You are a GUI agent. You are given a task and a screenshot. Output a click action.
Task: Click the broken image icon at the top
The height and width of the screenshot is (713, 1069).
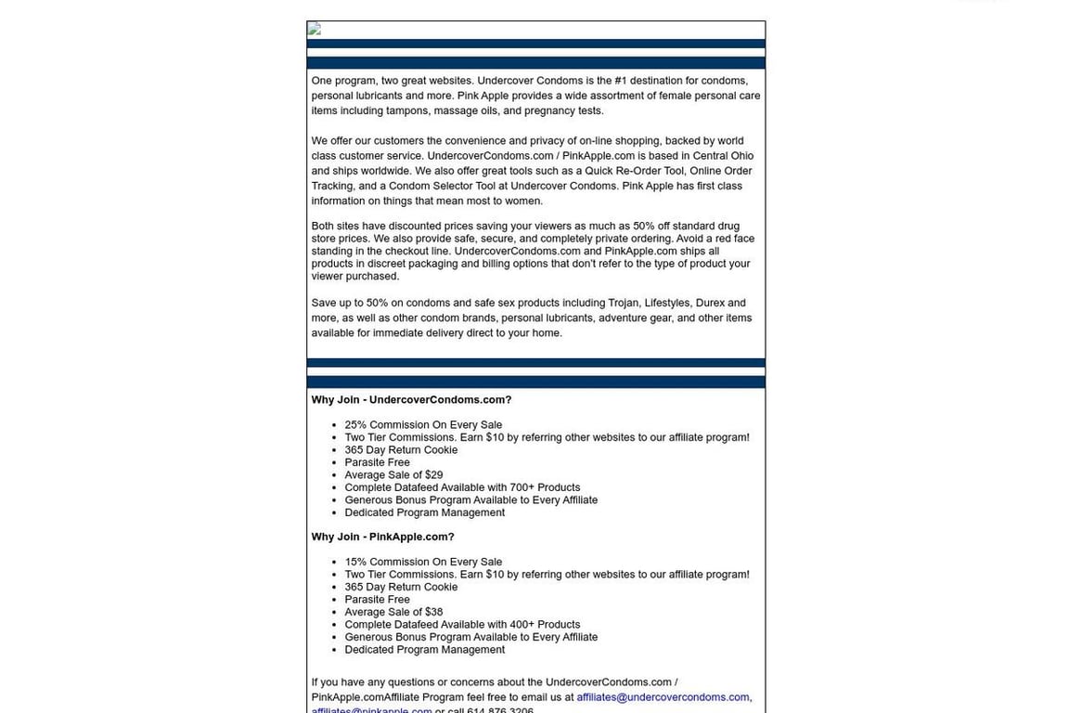(x=315, y=30)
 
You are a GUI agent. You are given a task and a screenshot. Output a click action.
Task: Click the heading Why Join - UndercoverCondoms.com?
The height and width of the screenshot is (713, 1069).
(x=411, y=400)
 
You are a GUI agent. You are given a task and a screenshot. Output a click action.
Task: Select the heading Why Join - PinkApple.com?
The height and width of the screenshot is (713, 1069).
(x=382, y=537)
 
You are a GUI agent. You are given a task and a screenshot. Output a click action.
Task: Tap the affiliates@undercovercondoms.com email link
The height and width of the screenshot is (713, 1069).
(x=663, y=697)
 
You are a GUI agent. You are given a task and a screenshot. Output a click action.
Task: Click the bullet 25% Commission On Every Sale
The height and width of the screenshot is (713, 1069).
(x=423, y=425)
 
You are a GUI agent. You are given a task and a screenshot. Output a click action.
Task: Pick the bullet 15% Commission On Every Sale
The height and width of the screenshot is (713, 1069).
(x=423, y=562)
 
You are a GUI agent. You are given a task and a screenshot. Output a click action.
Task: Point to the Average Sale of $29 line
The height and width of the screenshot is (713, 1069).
(x=393, y=475)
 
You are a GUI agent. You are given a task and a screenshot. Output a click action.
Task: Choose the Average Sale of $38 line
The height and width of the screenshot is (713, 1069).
(x=393, y=612)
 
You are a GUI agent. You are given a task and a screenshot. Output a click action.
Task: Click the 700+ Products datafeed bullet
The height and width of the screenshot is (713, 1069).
(x=462, y=487)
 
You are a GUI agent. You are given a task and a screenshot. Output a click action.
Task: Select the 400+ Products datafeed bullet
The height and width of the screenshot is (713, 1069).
(x=462, y=625)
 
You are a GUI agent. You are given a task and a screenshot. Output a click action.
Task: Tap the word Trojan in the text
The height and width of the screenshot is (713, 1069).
(x=623, y=303)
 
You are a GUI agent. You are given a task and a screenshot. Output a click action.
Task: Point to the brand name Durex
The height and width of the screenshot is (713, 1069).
(x=710, y=303)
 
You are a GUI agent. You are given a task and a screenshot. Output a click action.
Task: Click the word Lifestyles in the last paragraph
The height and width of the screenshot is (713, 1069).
(x=667, y=303)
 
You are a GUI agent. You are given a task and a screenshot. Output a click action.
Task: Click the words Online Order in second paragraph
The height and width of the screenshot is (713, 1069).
(x=721, y=171)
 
